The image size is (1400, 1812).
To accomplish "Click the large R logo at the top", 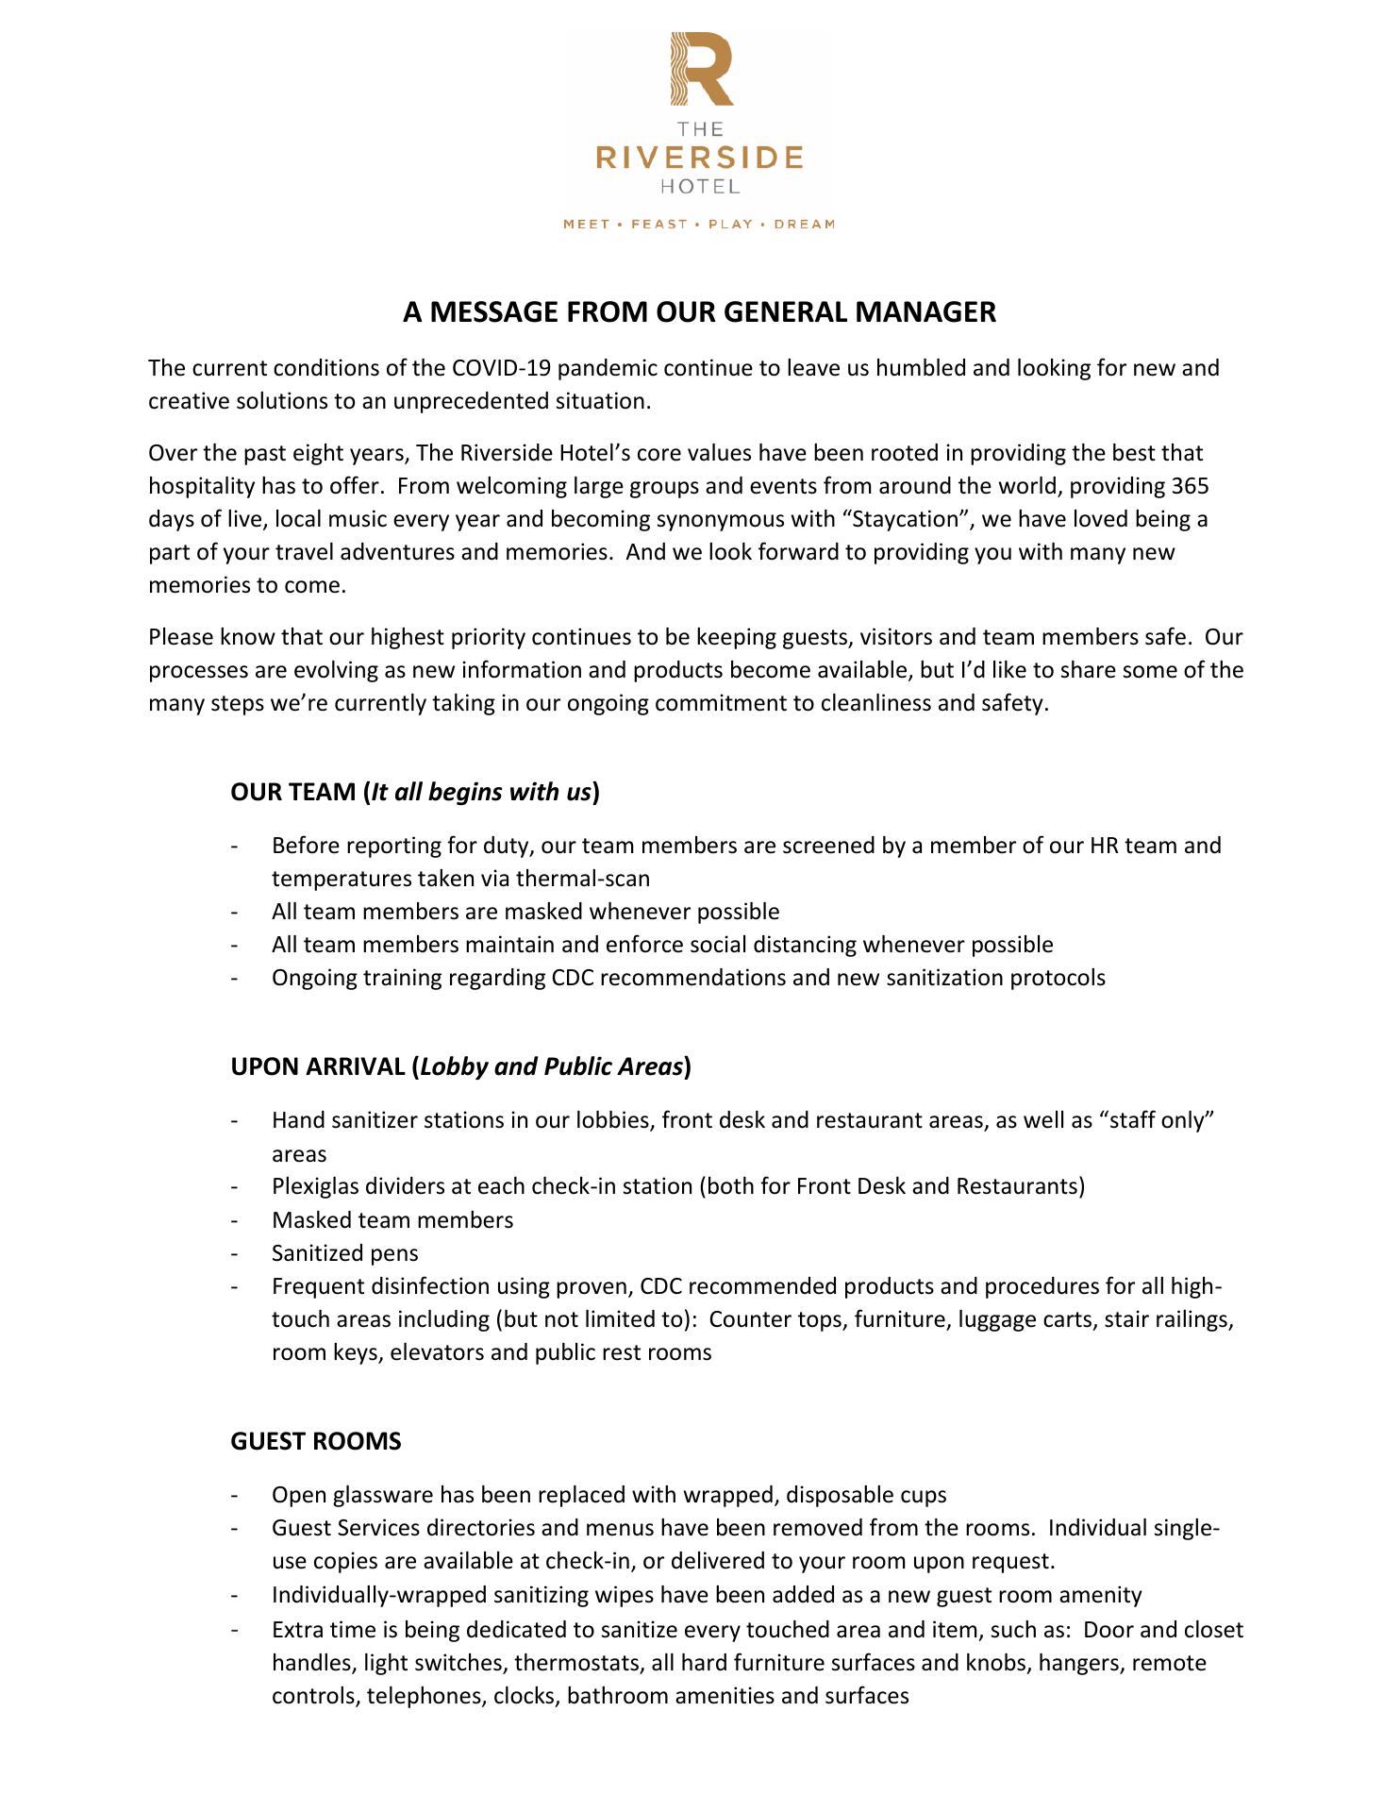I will coord(701,69).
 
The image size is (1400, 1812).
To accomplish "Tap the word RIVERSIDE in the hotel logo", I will coord(699,157).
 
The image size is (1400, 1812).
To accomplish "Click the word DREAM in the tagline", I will coord(804,225).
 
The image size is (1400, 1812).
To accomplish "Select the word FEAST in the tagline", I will coord(658,225).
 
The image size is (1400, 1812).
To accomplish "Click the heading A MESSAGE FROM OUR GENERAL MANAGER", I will coord(699,312).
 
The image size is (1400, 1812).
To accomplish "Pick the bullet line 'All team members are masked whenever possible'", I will coord(525,912).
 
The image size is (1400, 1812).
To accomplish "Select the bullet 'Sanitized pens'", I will coord(344,1253).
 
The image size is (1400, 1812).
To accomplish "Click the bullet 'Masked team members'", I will coord(392,1220).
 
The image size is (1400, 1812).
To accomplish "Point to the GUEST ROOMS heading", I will coord(316,1441).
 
